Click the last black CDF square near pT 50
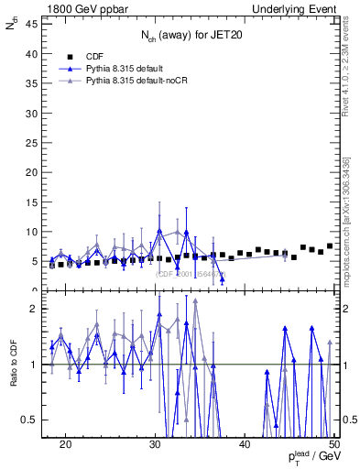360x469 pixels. (x=330, y=245)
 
